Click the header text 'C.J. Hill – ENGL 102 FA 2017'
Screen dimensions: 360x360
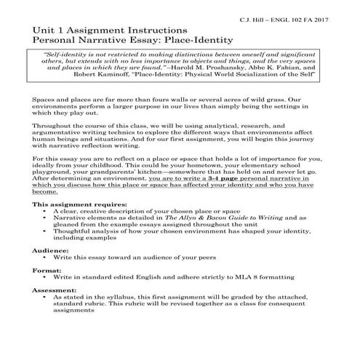click(x=290, y=15)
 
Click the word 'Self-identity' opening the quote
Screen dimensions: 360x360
click(x=67, y=56)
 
